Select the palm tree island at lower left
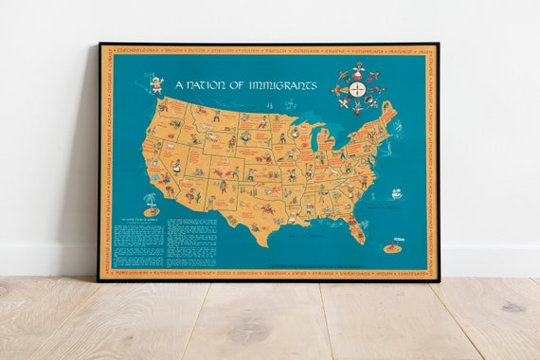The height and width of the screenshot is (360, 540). pos(150,203)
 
